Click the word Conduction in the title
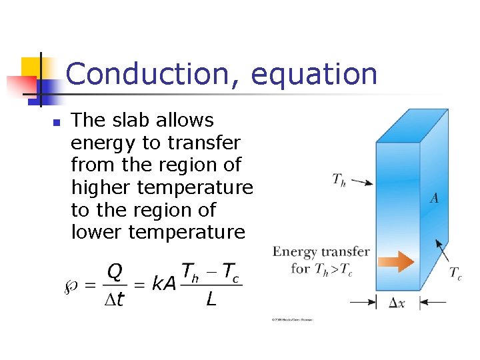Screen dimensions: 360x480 point(154,74)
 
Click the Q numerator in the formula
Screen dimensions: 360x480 point(115,271)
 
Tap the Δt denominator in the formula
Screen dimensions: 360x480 point(114,301)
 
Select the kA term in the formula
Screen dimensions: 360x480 point(163,285)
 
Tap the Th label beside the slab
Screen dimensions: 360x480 point(339,179)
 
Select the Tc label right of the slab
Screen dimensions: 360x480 point(455,273)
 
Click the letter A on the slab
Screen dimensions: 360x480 point(434,198)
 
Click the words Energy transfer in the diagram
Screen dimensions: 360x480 point(321,252)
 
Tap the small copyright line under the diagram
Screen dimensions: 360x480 point(292,320)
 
